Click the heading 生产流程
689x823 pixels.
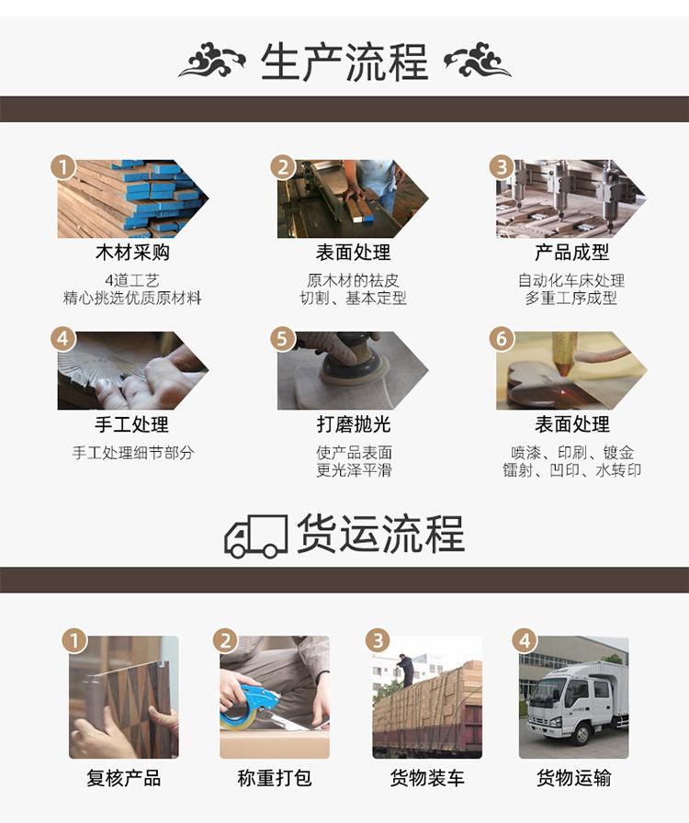[344, 62]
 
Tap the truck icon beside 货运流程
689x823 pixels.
[255, 536]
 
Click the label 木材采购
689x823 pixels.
[132, 253]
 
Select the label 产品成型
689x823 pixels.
[571, 253]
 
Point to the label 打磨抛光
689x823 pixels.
[354, 424]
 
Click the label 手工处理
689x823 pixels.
[132, 424]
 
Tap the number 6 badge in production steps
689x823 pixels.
[502, 339]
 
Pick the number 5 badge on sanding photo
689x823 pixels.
[283, 339]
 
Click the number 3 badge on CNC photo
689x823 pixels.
[502, 167]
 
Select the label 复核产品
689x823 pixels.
[123, 778]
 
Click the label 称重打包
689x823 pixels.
[274, 778]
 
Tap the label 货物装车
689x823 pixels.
[427, 778]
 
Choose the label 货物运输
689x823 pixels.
[573, 778]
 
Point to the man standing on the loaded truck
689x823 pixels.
[404, 670]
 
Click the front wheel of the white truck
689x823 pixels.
[582, 733]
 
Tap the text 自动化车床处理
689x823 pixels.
[571, 280]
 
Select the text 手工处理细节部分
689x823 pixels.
[132, 453]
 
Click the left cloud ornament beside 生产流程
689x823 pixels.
[211, 60]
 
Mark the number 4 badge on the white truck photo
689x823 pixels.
[525, 641]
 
